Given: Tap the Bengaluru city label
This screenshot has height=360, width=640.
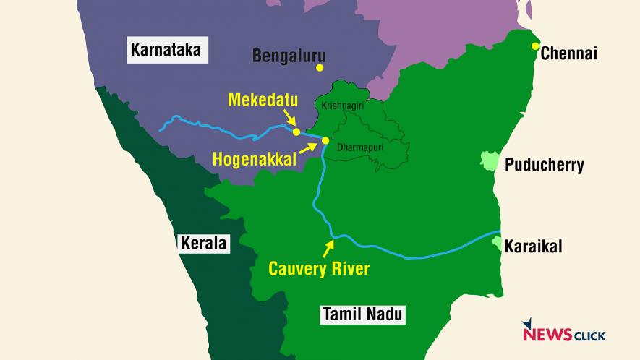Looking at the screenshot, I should [x=289, y=56].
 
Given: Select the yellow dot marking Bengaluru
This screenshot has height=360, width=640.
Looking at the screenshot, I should [x=319, y=68].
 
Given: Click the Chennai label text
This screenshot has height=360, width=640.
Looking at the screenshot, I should [x=568, y=53].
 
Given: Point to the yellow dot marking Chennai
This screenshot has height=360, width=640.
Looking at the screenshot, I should [x=535, y=46].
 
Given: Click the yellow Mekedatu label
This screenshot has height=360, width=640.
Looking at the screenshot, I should [x=263, y=100].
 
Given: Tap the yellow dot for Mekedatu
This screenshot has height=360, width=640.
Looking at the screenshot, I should [x=296, y=132].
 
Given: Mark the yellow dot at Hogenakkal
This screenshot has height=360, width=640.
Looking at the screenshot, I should [x=325, y=140].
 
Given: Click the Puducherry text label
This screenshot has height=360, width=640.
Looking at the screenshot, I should [x=544, y=166].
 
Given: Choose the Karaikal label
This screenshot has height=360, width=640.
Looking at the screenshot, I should [x=533, y=247].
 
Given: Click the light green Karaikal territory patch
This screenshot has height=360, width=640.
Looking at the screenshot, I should [x=497, y=244].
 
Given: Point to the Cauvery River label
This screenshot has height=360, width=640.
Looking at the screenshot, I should [x=319, y=269].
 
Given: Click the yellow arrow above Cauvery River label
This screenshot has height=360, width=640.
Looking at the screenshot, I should [x=329, y=247].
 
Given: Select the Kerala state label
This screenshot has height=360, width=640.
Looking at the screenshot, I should [x=203, y=244].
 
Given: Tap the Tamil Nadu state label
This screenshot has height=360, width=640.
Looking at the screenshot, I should [x=362, y=314].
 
